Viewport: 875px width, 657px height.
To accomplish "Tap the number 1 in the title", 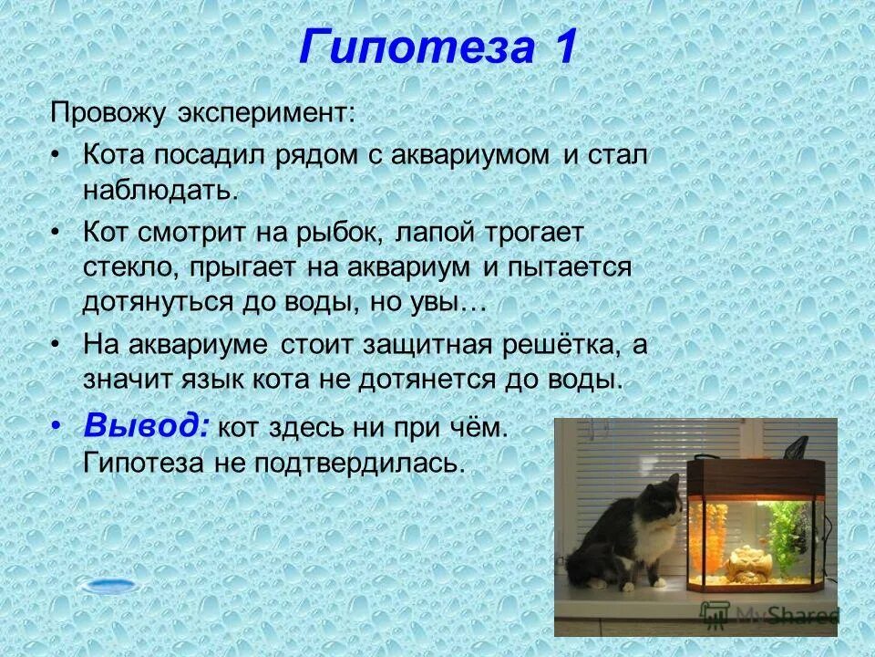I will pos(560,47).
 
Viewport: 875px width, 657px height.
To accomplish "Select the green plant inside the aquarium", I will pos(786,530).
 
